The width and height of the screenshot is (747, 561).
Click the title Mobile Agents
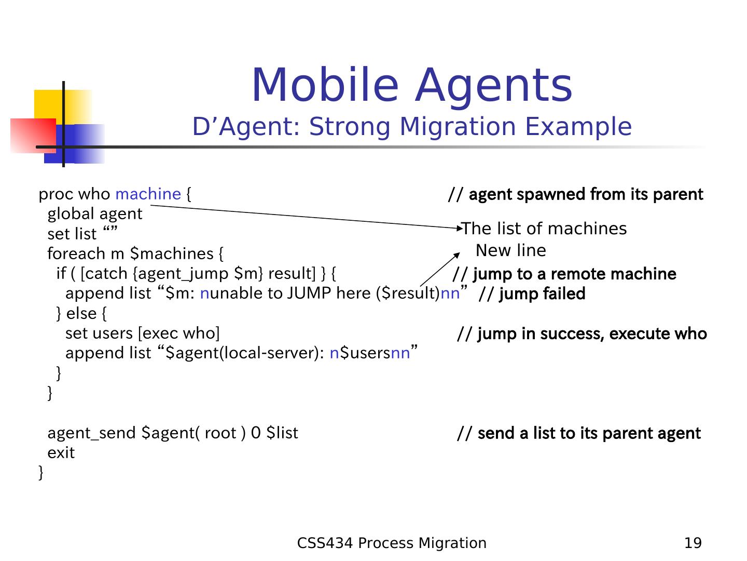click(x=412, y=85)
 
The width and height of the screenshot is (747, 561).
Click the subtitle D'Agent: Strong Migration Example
click(x=412, y=127)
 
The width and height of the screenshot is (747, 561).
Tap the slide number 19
click(x=693, y=543)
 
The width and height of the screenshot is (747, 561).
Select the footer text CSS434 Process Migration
click(x=392, y=543)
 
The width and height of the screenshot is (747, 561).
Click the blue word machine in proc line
click(x=148, y=194)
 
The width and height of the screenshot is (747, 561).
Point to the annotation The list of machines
click(x=545, y=229)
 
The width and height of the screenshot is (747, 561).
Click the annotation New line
click(x=511, y=250)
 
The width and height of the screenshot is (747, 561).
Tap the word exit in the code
click(x=61, y=453)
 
